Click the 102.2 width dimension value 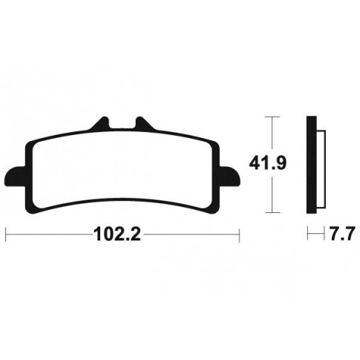[117, 235]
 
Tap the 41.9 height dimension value [267, 164]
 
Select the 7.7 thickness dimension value [341, 234]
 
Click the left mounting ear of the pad [15, 177]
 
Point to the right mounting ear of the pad [229, 177]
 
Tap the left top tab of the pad [100, 123]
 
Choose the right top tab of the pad [145, 123]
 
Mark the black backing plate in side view [312, 165]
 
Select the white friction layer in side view [321, 168]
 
